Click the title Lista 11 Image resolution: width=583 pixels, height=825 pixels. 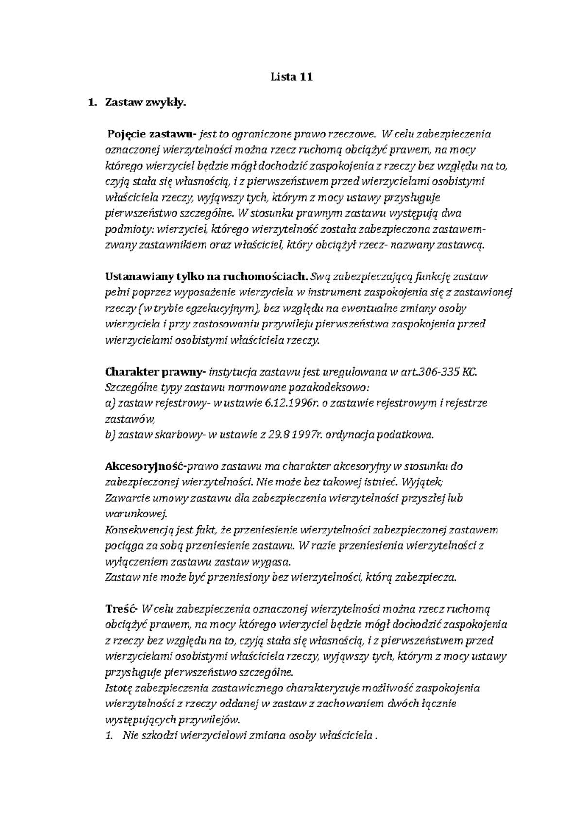click(291, 77)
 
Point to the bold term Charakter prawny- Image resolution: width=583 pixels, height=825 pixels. click(155, 372)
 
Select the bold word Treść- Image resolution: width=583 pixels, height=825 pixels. click(121, 609)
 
